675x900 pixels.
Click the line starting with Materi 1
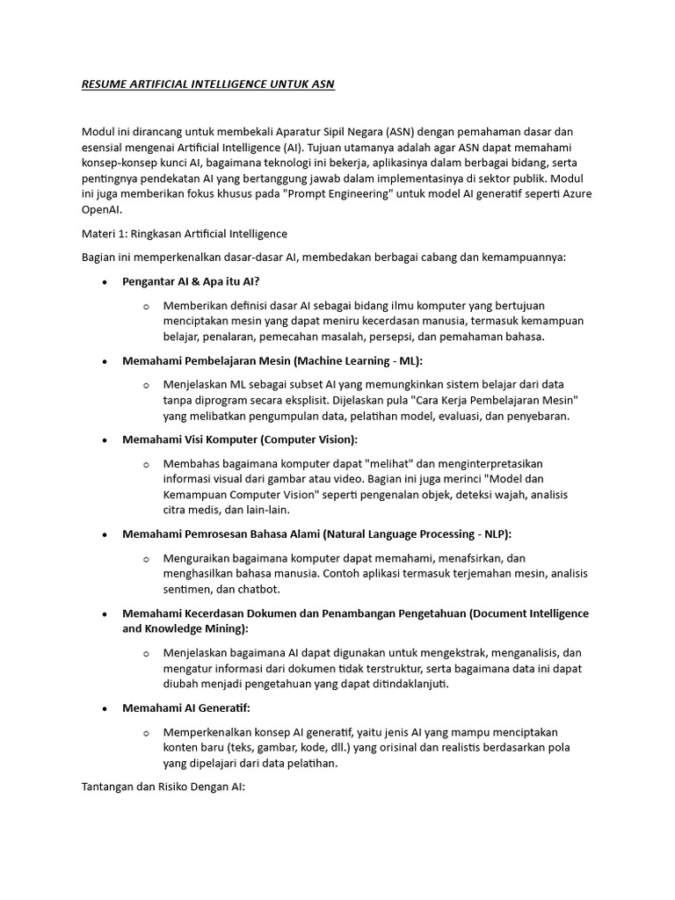coord(184,234)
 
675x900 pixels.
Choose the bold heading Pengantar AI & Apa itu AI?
coord(191,281)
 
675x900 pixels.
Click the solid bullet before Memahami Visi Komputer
coord(105,439)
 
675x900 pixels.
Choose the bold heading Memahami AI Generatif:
coord(185,708)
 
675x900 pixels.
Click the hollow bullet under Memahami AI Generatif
coord(146,732)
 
